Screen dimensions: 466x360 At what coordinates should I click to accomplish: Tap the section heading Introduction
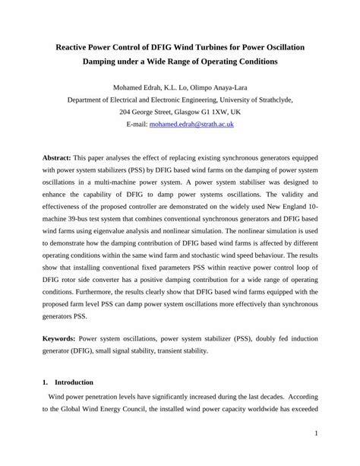click(x=74, y=382)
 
